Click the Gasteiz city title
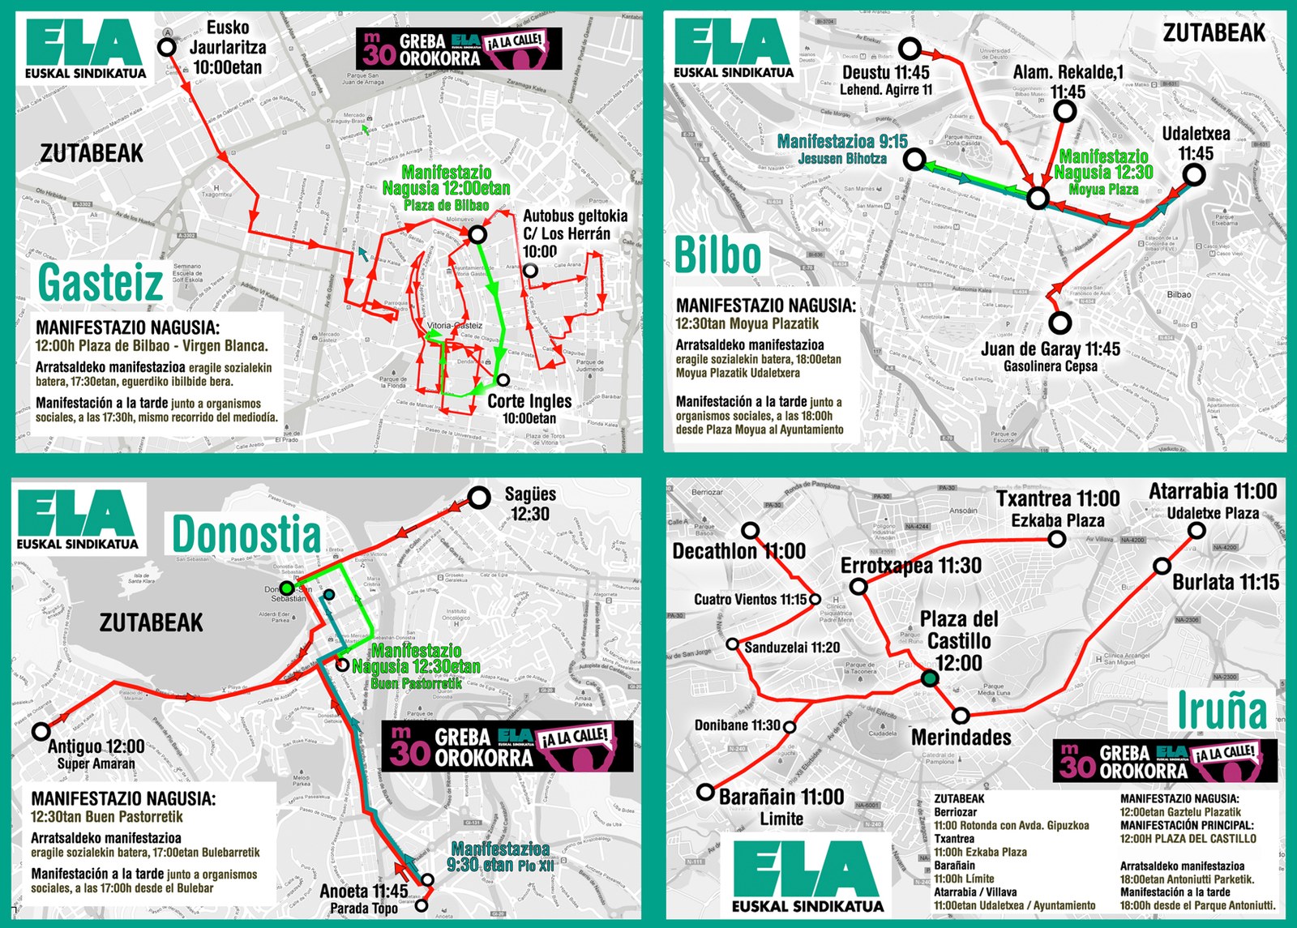tap(101, 283)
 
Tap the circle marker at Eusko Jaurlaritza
tap(167, 47)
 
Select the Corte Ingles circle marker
tap(503, 380)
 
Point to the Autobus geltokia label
tap(575, 216)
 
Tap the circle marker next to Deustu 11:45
tap(910, 49)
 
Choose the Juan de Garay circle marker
tap(1059, 323)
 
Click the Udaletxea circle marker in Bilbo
tap(1193, 174)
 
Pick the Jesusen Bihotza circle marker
tap(914, 159)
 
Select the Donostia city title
tap(246, 535)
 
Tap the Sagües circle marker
tap(480, 498)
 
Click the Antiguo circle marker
tap(41, 731)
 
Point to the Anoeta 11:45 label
tap(364, 891)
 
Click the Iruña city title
tap(1222, 710)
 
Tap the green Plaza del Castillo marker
tap(931, 678)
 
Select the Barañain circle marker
tap(705, 792)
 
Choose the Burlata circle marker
tap(1162, 566)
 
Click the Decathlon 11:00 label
tap(738, 552)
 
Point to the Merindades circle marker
tap(961, 716)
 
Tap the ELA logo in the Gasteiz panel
tap(85, 49)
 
